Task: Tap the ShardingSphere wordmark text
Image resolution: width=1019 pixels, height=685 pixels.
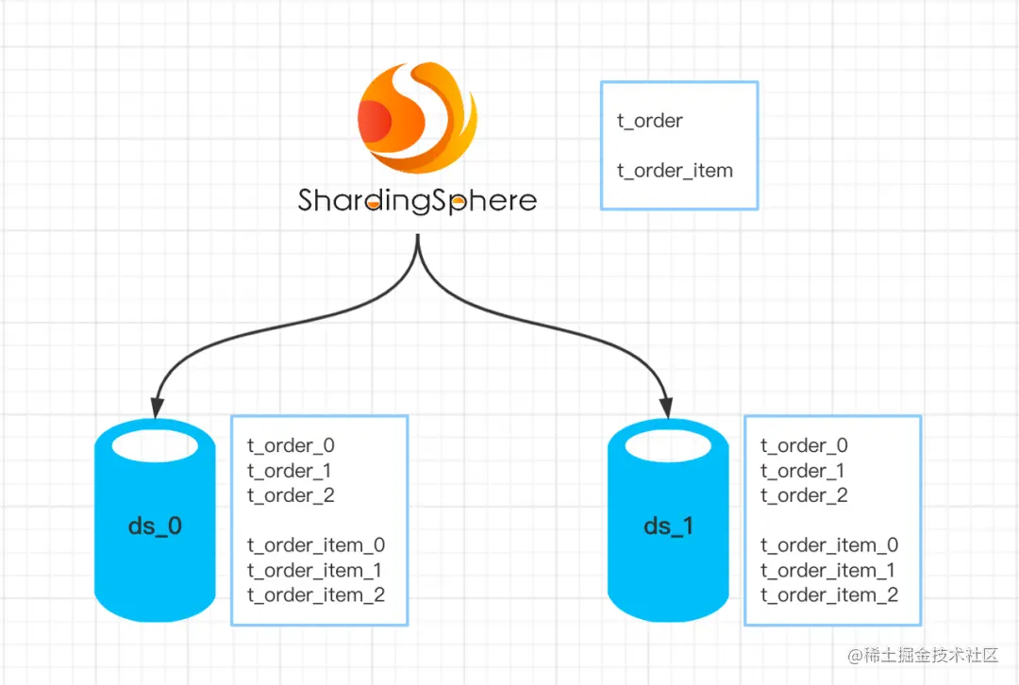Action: click(417, 201)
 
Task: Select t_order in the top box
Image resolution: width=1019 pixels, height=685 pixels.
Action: click(650, 121)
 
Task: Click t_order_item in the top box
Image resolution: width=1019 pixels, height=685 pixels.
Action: click(675, 171)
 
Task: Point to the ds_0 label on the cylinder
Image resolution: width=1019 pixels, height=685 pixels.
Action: click(155, 526)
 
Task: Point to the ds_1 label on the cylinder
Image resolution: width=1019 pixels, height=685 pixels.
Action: click(668, 526)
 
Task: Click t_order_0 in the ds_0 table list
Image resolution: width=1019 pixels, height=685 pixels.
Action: click(291, 445)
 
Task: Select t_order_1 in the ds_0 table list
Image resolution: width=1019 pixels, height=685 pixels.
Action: click(291, 471)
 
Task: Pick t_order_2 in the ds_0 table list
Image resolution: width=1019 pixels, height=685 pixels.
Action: click(291, 495)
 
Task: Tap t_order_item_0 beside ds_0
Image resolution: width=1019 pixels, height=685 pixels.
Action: click(316, 545)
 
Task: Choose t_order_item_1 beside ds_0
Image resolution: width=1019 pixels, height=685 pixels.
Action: click(316, 570)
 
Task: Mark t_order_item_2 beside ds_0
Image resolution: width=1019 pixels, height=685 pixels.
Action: click(316, 595)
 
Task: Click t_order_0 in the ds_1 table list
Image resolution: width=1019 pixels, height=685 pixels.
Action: click(804, 445)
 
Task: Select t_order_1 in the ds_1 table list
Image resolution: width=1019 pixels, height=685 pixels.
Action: click(804, 471)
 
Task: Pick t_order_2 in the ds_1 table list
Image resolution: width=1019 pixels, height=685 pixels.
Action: click(804, 495)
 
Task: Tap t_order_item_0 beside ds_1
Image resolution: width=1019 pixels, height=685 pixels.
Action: click(829, 545)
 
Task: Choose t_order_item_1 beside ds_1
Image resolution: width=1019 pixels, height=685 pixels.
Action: click(829, 570)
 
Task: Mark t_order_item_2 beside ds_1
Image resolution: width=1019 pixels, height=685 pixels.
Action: click(829, 595)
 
